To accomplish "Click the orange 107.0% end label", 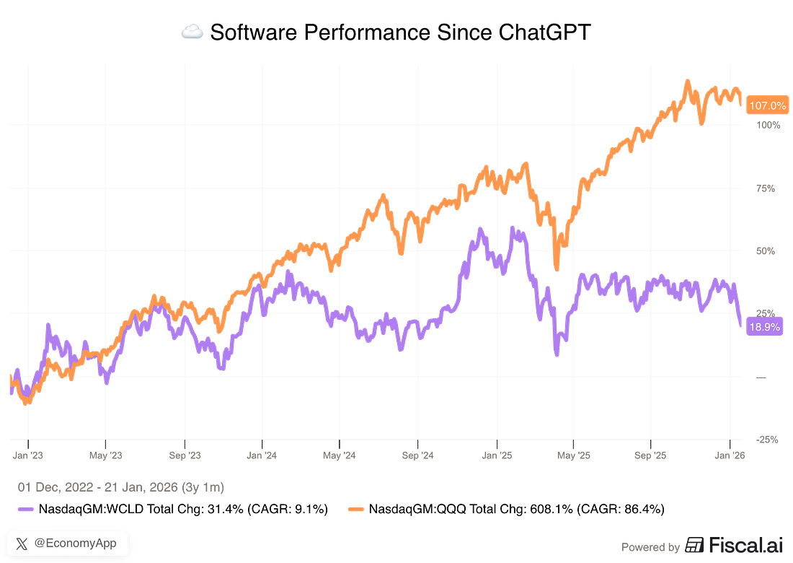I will tap(768, 106).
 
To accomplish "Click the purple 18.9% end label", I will tap(765, 327).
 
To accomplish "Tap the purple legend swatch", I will tap(25, 509).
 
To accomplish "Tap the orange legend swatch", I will tap(355, 509).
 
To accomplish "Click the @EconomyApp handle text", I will tap(75, 544).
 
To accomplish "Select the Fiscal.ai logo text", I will tap(735, 546).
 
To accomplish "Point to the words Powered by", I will tap(650, 547).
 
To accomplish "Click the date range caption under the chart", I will tap(120, 489).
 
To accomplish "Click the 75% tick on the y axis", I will tap(766, 189).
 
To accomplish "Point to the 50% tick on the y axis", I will tap(766, 251).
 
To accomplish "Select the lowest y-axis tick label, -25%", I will tap(766, 438).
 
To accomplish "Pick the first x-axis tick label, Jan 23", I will tap(28, 455).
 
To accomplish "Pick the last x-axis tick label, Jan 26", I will tap(732, 455).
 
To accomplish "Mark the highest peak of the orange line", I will tap(688, 80).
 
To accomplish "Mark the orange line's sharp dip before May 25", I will tap(556, 267).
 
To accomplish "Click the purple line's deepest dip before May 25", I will tap(556, 354).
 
